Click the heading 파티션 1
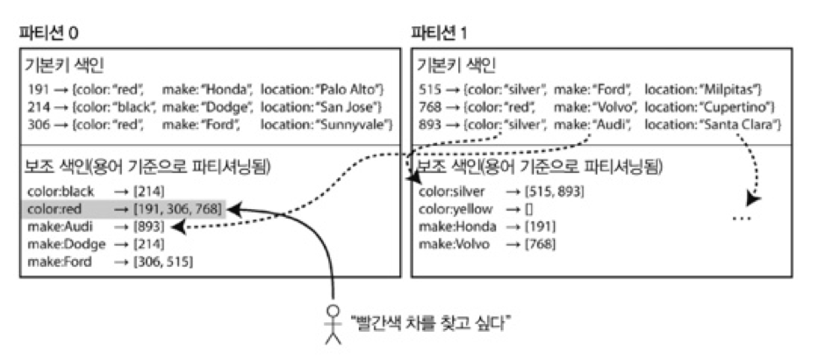[441, 34]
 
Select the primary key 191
[39, 90]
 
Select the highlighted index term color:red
[54, 208]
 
